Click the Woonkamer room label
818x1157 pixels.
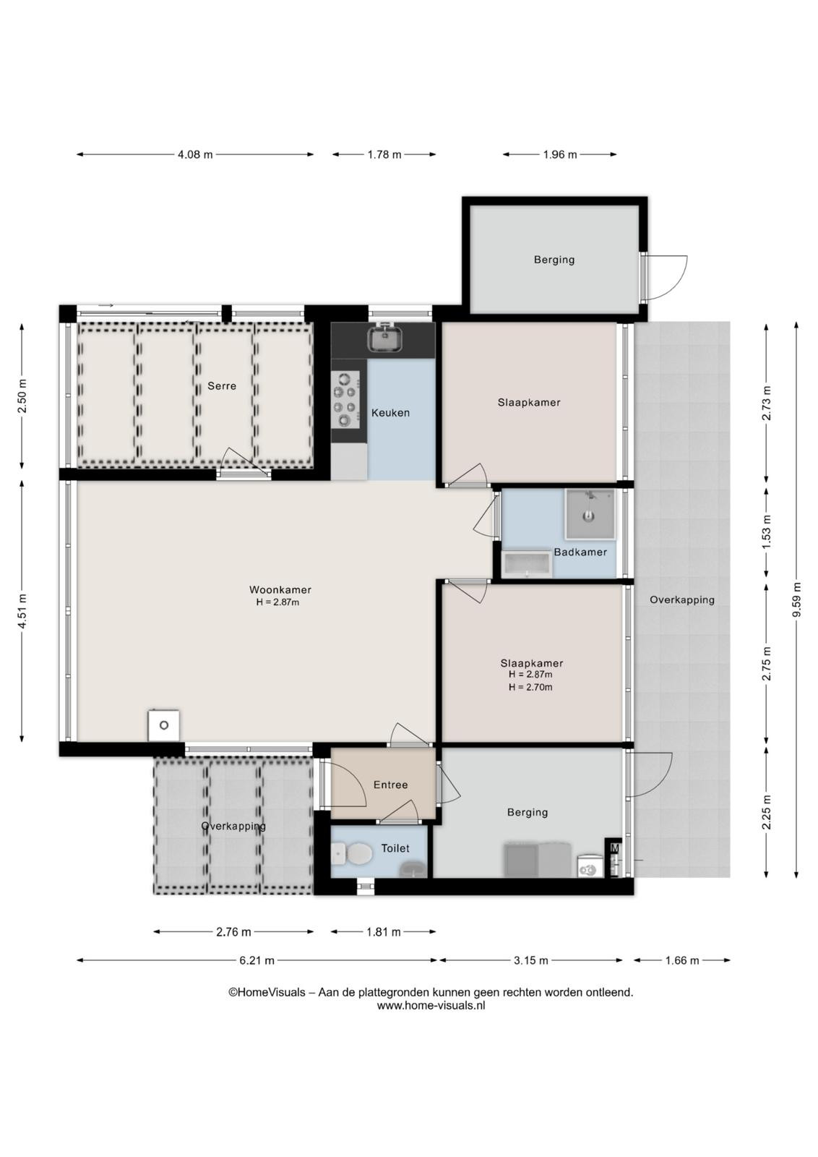280,589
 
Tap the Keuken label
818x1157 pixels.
391,413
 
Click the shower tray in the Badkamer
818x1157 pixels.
590,514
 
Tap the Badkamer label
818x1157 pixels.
580,552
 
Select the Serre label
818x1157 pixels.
222,386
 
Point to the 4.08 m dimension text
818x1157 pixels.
195,155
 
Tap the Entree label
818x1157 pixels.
391,785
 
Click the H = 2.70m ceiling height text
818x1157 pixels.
530,687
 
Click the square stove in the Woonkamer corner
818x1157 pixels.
163,725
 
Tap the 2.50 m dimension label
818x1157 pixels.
22,396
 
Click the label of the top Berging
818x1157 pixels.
554,260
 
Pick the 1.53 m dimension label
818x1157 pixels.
767,532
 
